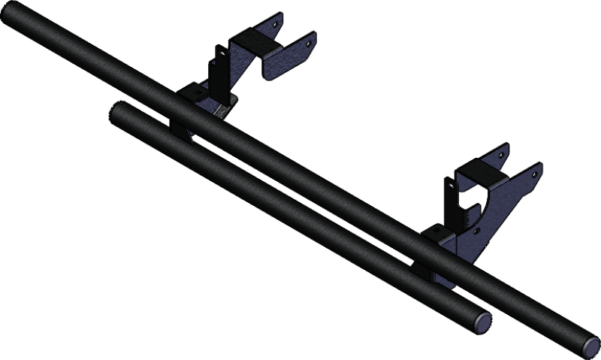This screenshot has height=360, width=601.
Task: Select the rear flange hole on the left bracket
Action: click(x=278, y=25)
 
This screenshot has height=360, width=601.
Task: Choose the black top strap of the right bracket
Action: click(x=481, y=174)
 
